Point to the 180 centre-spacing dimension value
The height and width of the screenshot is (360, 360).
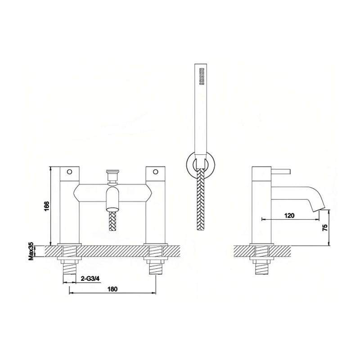(112, 289)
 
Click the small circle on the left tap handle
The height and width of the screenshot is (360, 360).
(69, 171)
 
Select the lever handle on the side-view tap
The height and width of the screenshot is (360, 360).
(281, 171)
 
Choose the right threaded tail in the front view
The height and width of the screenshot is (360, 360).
(155, 270)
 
